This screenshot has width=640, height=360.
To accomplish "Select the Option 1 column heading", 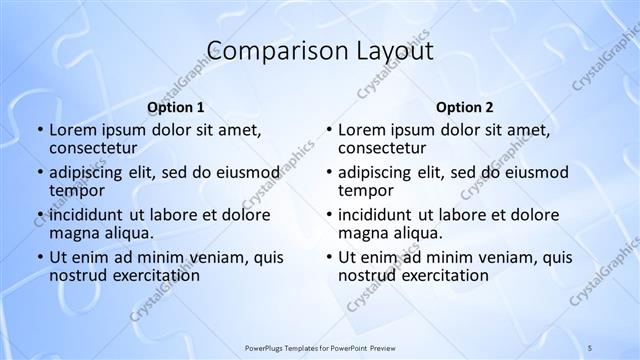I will (x=176, y=108).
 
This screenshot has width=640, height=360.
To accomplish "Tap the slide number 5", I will (x=590, y=347).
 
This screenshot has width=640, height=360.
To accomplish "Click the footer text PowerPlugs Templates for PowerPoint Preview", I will (x=319, y=347).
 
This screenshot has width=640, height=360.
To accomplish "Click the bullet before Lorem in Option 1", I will (x=39, y=131).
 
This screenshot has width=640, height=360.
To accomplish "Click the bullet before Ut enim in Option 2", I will (x=329, y=258).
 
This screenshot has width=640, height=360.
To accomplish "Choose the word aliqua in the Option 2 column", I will (x=420, y=233).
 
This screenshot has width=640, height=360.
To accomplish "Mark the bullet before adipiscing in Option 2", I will (x=329, y=173).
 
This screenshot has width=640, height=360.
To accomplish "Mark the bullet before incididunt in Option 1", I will (x=39, y=216).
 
